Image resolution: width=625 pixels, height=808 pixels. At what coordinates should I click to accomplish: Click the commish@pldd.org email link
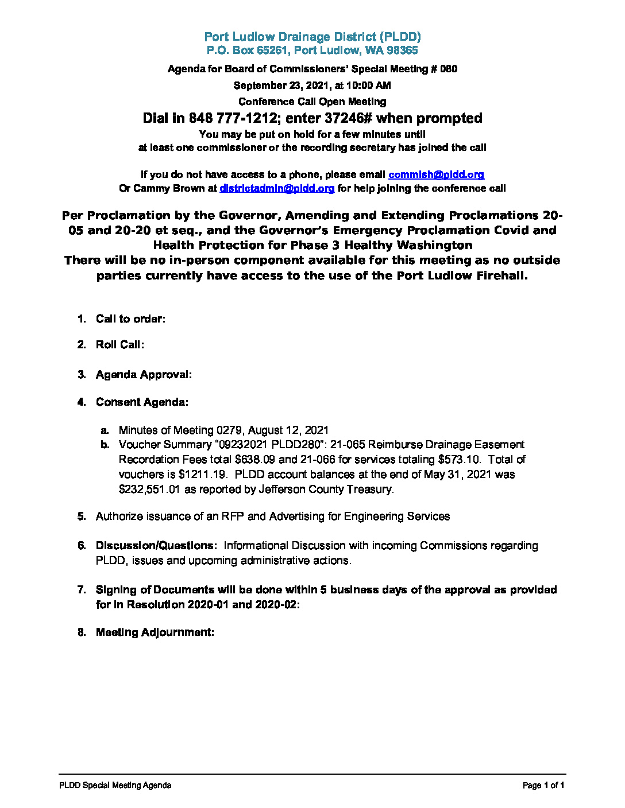point(436,174)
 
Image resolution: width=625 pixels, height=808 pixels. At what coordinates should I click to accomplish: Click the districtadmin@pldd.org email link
point(277,188)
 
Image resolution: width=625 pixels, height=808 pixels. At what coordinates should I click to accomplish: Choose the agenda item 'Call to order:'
point(130,319)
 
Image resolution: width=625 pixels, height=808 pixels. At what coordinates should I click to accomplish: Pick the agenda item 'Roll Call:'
point(119,344)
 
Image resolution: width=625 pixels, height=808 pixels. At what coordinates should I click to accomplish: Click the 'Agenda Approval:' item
point(144,375)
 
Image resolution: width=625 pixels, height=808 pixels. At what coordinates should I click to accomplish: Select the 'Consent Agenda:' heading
point(142,402)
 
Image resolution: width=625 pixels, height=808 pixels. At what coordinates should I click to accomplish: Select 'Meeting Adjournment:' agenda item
point(155,632)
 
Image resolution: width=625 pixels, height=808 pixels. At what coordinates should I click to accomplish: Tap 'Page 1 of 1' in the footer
point(543,786)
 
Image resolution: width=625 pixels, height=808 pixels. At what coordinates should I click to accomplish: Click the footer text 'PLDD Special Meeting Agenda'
point(115,786)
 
